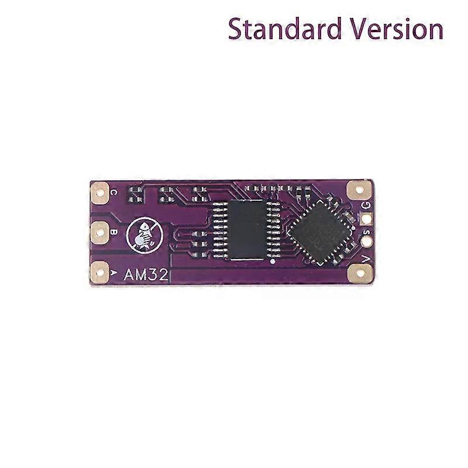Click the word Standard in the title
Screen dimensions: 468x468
click(x=285, y=29)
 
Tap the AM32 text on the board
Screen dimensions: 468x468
click(x=146, y=275)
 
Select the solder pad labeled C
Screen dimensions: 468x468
click(x=99, y=191)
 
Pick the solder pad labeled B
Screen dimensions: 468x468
click(x=99, y=232)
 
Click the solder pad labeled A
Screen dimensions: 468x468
click(x=99, y=272)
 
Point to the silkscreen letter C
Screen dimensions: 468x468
click(x=113, y=192)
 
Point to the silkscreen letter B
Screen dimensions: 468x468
click(x=113, y=232)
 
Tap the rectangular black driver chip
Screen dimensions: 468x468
click(x=246, y=230)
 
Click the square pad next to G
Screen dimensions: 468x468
click(x=366, y=219)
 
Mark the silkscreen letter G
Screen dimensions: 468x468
click(x=366, y=205)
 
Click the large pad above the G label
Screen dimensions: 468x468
click(x=359, y=189)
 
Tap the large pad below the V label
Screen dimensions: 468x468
click(x=360, y=273)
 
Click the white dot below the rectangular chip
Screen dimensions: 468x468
click(x=272, y=261)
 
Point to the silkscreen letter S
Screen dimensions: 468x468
click(x=367, y=232)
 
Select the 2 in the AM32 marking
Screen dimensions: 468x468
click(x=163, y=275)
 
